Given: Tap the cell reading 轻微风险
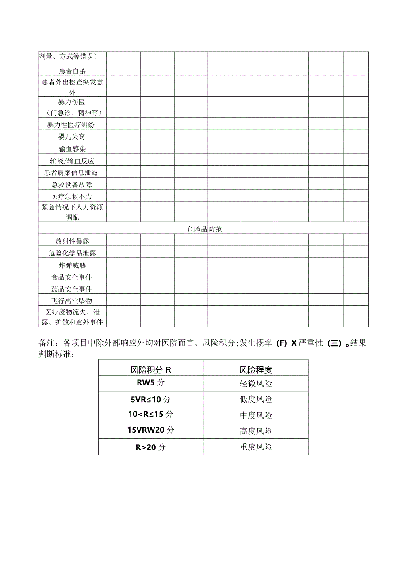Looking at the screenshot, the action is [256, 384].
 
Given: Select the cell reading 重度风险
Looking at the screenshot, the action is [256, 447].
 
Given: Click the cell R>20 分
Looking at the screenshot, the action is [150, 447].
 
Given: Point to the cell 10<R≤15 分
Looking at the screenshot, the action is [150, 415].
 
